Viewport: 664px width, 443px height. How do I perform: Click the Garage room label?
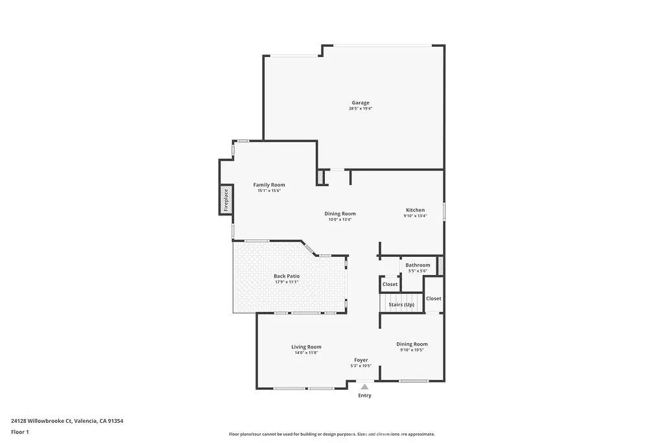[361, 102]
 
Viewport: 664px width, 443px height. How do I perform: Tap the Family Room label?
[269, 185]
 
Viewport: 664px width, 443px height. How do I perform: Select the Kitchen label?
[416, 210]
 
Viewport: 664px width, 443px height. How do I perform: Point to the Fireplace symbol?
[226, 200]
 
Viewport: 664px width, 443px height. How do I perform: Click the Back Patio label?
[287, 276]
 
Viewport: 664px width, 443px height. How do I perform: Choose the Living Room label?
[306, 347]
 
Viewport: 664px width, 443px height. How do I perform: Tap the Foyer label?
[361, 360]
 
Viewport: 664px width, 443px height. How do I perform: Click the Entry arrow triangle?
[364, 387]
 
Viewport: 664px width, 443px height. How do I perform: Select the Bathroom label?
[418, 265]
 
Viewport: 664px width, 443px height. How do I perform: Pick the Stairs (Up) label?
[401, 305]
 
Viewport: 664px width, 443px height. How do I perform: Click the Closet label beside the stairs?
[434, 298]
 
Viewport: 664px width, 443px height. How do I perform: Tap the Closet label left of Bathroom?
[390, 284]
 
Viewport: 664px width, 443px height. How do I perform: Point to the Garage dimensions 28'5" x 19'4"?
[361, 109]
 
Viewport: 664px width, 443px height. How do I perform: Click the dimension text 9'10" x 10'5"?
[412, 350]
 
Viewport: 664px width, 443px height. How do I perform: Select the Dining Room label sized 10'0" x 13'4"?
[340, 214]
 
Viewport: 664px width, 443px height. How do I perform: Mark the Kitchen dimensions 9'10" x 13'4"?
[416, 217]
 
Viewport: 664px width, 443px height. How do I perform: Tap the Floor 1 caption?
[20, 432]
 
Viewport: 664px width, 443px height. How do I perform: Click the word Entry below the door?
[365, 396]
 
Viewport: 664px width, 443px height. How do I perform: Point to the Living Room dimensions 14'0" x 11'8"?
[306, 353]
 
